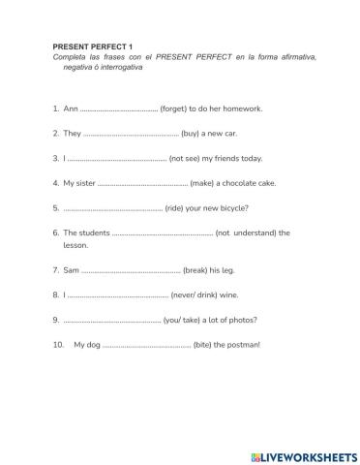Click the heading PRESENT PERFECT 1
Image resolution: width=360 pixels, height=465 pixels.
(x=92, y=46)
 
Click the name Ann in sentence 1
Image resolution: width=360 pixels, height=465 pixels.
(x=70, y=108)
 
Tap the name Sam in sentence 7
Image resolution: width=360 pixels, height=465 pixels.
(x=71, y=270)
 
